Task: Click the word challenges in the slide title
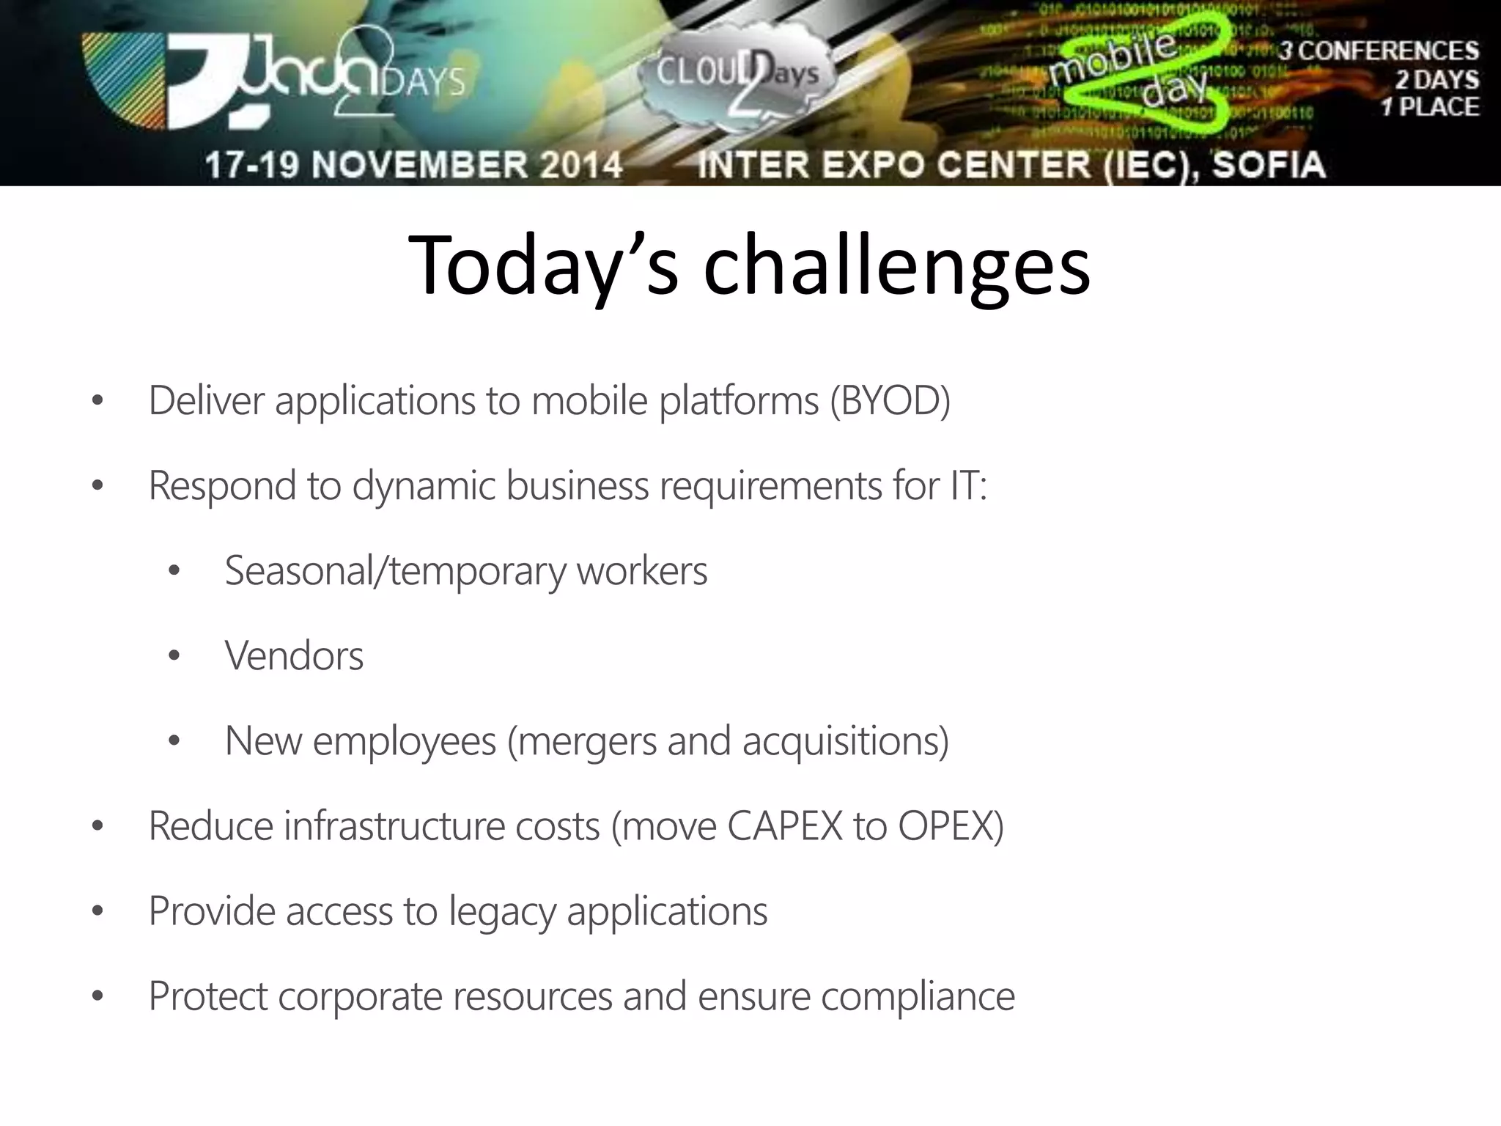(896, 265)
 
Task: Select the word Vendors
(294, 656)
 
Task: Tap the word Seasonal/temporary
(394, 571)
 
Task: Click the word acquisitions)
(845, 741)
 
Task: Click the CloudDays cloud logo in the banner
(737, 77)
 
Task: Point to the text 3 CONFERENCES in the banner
(1379, 51)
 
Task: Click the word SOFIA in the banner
(1268, 164)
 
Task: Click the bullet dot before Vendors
(174, 656)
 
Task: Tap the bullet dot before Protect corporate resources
(97, 997)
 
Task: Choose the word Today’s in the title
(542, 265)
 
